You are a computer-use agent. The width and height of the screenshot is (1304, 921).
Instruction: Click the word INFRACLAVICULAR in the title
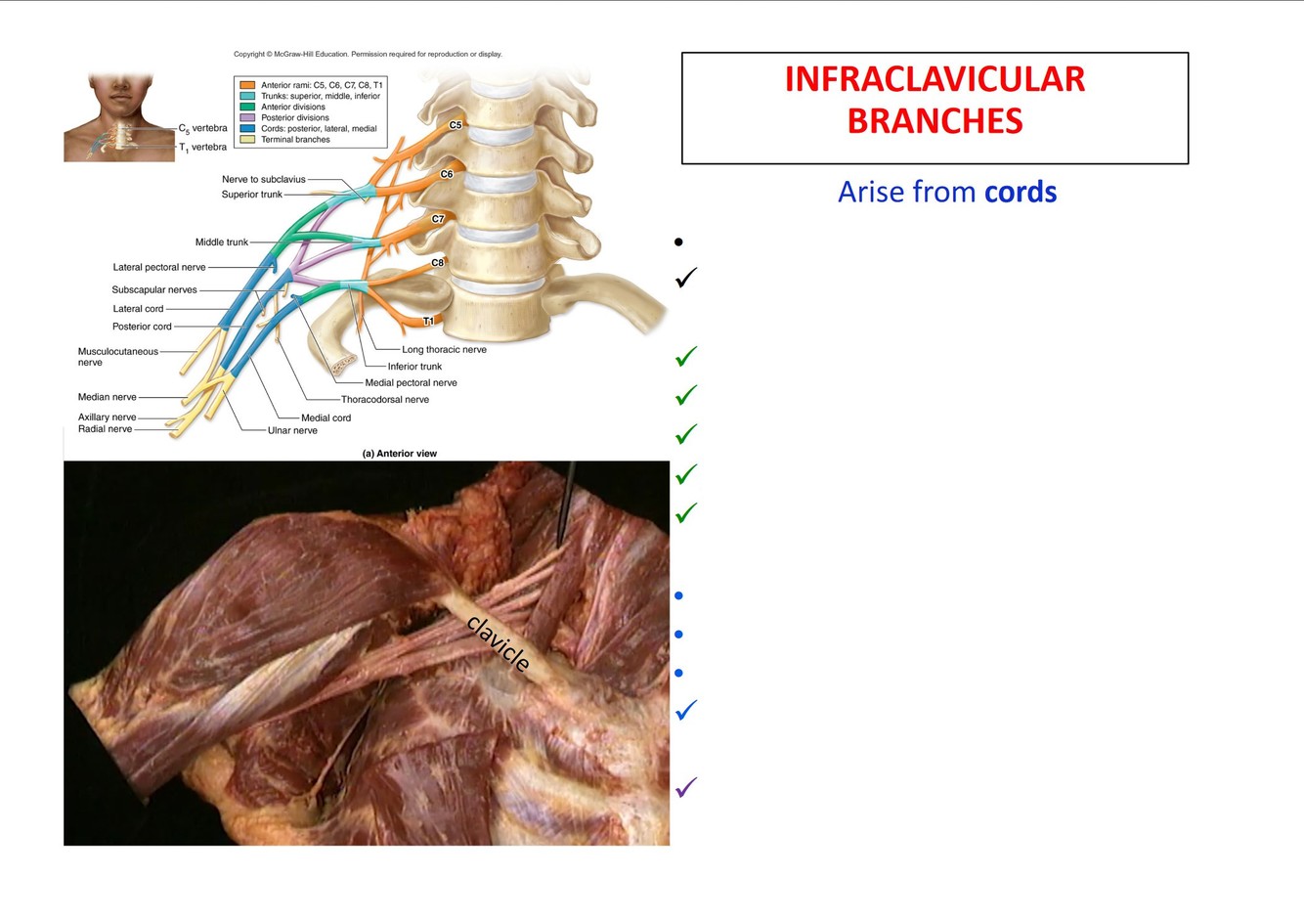pos(935,79)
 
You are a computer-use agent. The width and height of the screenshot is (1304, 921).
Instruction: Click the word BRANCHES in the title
pos(935,121)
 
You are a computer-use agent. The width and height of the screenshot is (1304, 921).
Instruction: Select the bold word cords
pos(1021,192)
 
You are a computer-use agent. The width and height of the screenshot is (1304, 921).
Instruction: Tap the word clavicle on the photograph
pos(499,643)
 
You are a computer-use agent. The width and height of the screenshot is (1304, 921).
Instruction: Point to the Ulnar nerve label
pos(292,430)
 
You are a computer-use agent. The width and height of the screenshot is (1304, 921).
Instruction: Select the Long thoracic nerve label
pos(444,349)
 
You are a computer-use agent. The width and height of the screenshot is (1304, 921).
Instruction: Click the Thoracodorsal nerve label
pos(384,399)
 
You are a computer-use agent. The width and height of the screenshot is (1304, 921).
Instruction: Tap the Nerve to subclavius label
pos(263,180)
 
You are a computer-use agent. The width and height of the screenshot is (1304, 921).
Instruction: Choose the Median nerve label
pos(108,397)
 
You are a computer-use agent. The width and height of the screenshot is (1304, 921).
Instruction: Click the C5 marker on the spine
pos(456,125)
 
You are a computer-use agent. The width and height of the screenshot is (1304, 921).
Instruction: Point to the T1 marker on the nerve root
pos(428,321)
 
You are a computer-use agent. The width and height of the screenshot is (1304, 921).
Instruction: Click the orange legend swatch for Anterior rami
pos(247,85)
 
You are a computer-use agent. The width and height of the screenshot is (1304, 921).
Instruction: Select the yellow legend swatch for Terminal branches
pos(247,139)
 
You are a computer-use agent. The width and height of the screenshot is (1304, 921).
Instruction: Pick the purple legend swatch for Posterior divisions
pos(247,117)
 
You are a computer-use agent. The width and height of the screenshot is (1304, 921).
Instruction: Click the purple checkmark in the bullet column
pos(686,787)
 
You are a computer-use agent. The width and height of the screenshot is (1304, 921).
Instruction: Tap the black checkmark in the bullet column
pos(686,279)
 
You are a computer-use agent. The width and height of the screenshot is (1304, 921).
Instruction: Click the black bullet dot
pos(678,241)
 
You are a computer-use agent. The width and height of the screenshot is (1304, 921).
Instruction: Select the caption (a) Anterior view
pos(399,454)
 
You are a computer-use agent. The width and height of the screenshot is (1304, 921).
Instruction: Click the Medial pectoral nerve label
pos(411,382)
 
